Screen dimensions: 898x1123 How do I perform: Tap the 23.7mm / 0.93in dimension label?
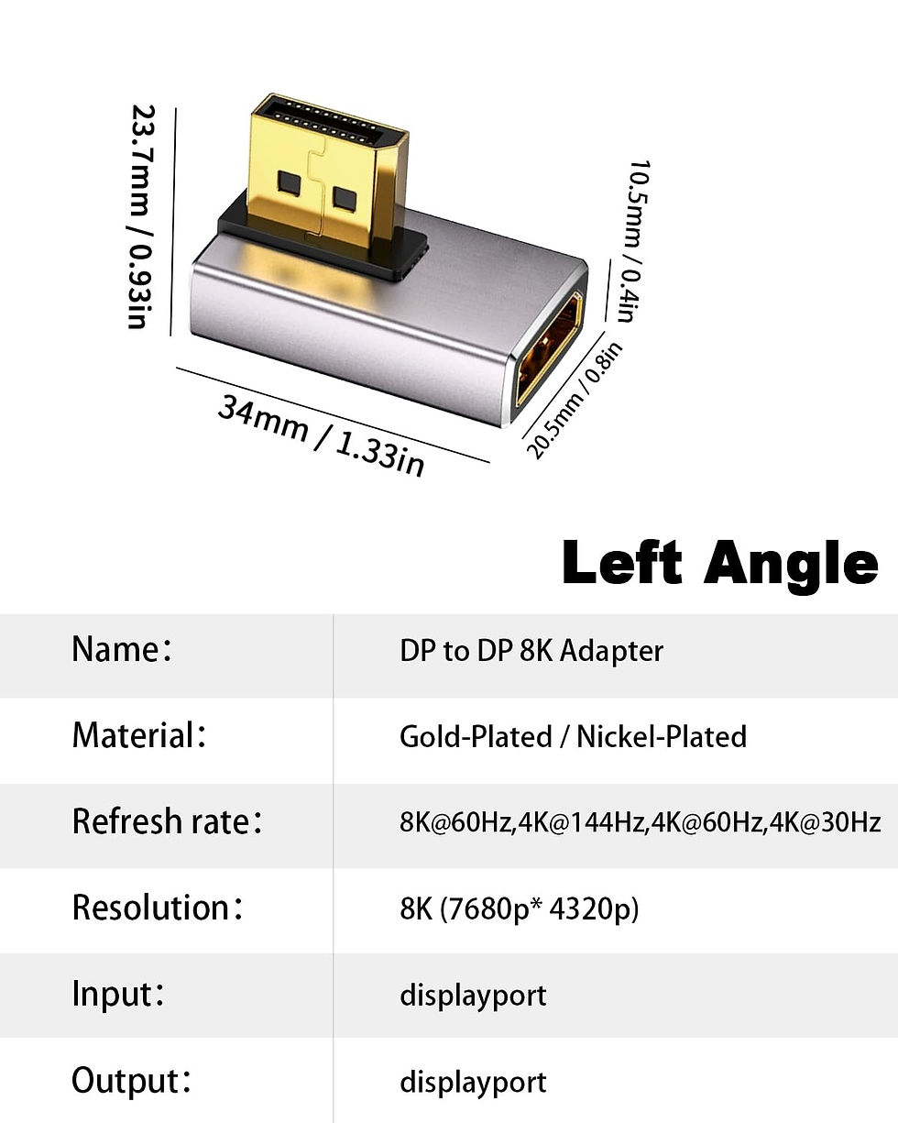click(x=141, y=216)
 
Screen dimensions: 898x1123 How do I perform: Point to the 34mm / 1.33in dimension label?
click(x=321, y=435)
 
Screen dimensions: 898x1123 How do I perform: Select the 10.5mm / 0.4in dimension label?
click(x=633, y=241)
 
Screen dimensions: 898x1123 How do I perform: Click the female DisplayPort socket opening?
click(x=549, y=348)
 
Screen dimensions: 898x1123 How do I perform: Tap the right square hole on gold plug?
click(x=344, y=199)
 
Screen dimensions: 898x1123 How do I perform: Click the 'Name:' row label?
click(x=122, y=650)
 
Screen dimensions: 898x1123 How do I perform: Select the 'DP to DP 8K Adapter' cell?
click(x=531, y=651)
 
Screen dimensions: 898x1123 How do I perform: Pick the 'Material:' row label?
click(x=138, y=736)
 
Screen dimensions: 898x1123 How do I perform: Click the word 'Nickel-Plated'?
click(x=661, y=736)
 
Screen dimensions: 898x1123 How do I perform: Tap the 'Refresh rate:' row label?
click(x=167, y=821)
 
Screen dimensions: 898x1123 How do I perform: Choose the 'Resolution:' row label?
click(x=157, y=908)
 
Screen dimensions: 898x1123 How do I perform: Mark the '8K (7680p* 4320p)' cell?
click(x=520, y=908)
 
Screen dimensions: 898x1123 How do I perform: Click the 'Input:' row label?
click(x=118, y=994)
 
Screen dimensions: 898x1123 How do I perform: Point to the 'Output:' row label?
click(x=131, y=1080)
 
